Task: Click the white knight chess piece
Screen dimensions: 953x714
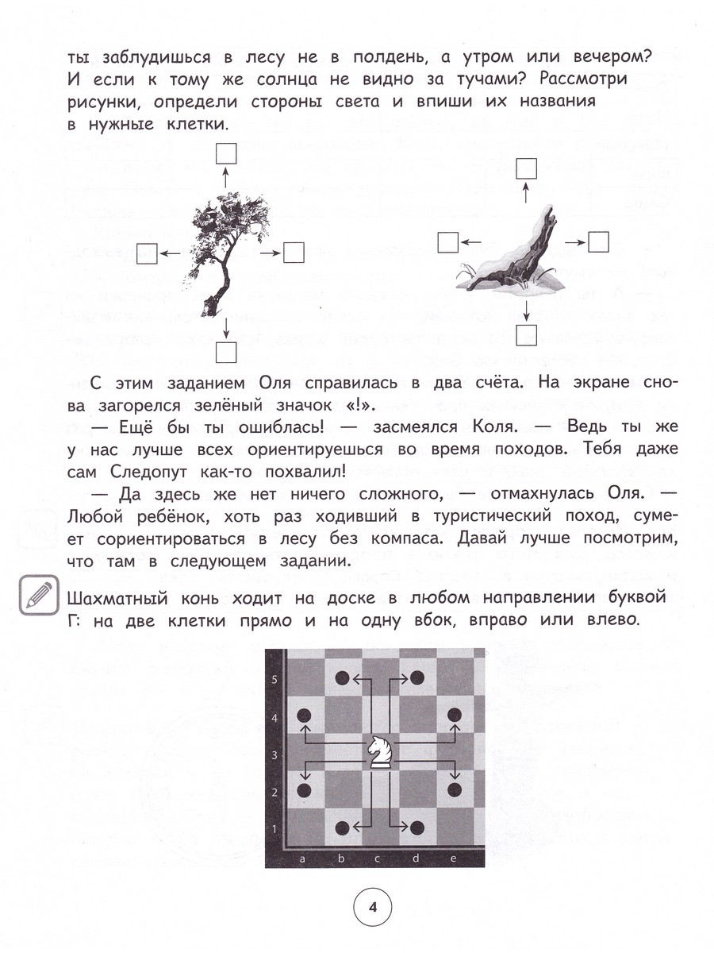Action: [x=378, y=751]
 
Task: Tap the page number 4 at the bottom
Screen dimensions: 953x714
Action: [x=372, y=906]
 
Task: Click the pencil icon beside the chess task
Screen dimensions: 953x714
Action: [x=37, y=593]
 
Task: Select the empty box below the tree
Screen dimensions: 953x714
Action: [x=226, y=350]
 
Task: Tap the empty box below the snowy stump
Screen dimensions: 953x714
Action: [x=527, y=336]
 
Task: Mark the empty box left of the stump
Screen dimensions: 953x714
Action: [x=449, y=241]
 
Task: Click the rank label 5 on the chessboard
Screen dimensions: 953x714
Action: [x=274, y=680]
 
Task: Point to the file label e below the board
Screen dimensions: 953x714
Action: [x=451, y=859]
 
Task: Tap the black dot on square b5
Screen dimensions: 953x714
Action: [x=342, y=677]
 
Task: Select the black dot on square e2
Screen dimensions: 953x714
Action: [x=455, y=789]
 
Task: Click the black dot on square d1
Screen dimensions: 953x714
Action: [x=416, y=827]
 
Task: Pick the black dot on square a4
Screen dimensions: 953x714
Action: [x=304, y=715]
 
